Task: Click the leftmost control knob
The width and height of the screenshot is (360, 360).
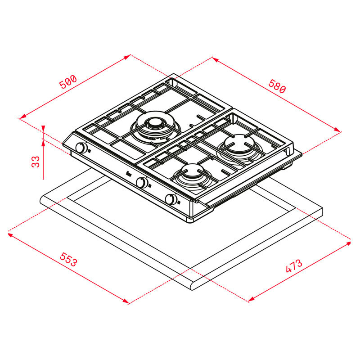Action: click(81, 148)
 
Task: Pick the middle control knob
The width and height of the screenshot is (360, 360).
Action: click(142, 182)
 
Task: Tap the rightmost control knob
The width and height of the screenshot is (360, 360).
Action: click(171, 199)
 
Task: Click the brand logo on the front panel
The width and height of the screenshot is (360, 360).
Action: click(127, 175)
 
